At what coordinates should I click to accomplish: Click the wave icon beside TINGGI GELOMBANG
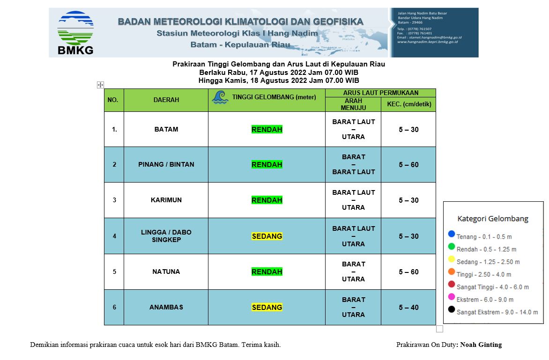220,97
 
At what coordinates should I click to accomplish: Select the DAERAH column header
166,100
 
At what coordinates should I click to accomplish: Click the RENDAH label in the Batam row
267,129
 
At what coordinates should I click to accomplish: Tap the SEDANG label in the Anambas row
267,307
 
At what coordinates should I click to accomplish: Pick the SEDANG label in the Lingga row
267,236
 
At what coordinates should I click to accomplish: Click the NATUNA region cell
166,272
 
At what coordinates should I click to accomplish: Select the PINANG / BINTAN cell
166,164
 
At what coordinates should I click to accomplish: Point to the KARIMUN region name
166,200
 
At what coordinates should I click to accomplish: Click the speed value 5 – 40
408,307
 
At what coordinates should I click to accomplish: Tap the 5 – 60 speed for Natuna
408,272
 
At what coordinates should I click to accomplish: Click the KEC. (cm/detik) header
408,104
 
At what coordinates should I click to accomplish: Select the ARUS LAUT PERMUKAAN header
380,93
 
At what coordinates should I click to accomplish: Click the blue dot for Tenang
452,234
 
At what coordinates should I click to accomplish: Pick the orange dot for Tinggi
452,272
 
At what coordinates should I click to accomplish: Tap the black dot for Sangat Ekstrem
452,309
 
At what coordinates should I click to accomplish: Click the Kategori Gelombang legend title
493,219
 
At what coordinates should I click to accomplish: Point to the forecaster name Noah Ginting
481,345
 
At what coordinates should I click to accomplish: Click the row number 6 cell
114,307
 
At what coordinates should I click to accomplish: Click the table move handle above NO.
100,85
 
